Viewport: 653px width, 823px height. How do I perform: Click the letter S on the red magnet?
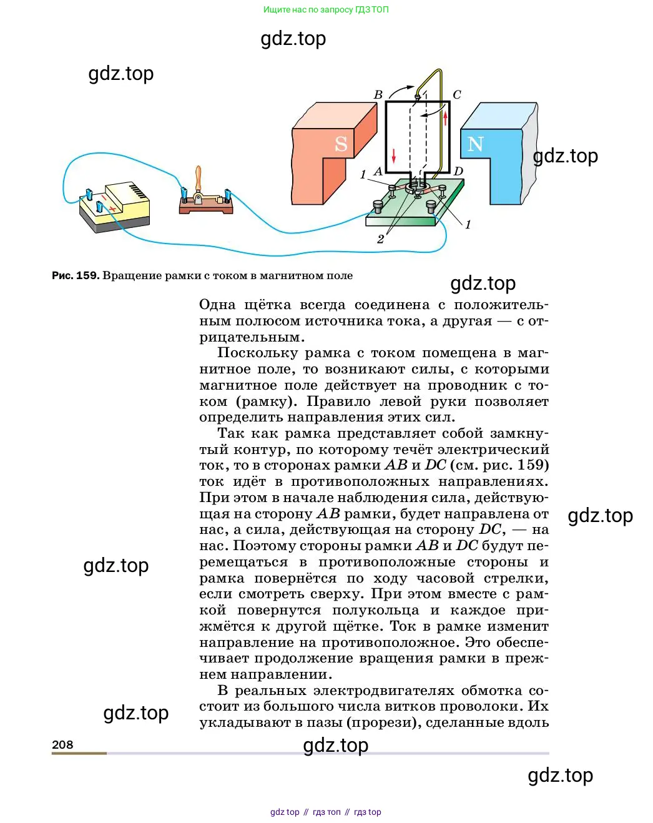point(341,144)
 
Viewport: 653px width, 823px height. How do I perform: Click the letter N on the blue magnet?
point(475,144)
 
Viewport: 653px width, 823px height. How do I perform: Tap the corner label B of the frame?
point(378,95)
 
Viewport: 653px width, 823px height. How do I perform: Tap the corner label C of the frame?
point(456,95)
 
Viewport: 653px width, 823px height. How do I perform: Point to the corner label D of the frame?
point(458,171)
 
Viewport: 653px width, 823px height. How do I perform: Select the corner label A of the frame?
point(378,171)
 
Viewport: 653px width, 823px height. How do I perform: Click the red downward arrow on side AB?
point(394,155)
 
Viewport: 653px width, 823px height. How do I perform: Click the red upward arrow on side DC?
point(445,118)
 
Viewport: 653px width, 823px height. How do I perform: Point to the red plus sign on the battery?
point(112,209)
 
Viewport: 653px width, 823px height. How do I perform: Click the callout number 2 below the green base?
point(380,239)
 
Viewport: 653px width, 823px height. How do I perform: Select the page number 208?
point(62,744)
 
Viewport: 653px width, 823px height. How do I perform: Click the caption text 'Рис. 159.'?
point(76,275)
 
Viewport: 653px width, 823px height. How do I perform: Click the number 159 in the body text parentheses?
point(530,465)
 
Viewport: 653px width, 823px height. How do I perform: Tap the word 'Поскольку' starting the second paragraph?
point(256,353)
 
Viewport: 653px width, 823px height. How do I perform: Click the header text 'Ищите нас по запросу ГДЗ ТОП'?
point(326,9)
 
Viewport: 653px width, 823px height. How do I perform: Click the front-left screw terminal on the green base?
point(378,206)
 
